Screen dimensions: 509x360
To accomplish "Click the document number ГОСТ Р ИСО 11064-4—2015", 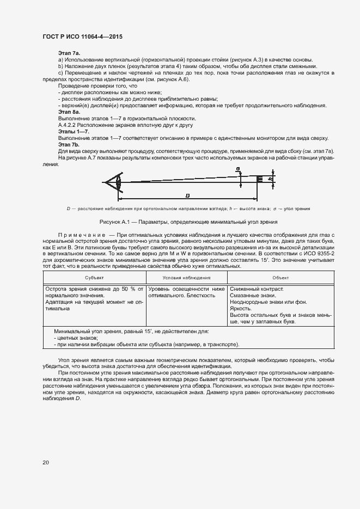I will [82, 36].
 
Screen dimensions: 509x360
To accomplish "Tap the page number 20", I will [46, 462].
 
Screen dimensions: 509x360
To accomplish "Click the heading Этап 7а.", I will [69, 52].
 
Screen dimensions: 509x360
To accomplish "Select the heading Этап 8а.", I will [69, 112].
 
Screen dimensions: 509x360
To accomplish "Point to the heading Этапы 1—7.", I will [74, 132].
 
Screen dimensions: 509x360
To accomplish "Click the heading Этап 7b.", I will [69, 145].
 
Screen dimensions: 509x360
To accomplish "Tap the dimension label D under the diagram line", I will [187, 195].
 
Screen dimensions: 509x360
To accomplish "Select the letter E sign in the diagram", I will [259, 179].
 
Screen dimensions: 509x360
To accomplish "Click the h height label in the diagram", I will [270, 179].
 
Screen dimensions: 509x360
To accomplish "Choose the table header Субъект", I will [94, 278].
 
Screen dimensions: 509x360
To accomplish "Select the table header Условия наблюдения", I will [187, 278].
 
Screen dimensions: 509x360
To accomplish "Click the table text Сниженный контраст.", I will [256, 289].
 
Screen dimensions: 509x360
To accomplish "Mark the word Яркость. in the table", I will [241, 309].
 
